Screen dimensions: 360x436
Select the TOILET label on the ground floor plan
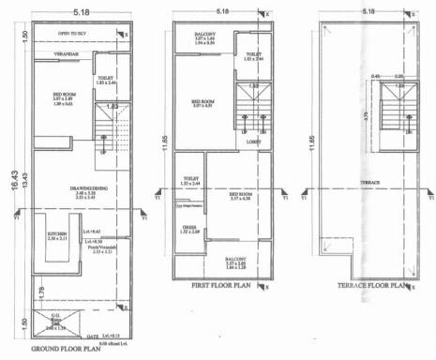[x=107, y=80]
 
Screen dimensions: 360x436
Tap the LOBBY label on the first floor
[x=253, y=142]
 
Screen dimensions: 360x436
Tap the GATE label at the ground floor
[x=93, y=336]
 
